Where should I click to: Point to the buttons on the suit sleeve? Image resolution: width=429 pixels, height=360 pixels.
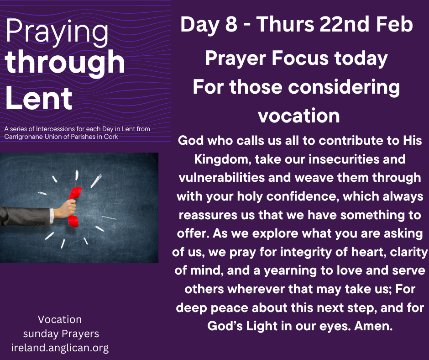pos(40,224)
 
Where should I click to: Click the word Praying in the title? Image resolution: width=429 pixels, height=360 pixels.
pos(57,32)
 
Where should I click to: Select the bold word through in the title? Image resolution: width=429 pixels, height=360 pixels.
pos(65,63)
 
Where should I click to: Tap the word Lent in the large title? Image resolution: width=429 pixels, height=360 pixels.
pos(39,98)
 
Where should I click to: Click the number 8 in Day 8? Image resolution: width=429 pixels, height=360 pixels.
pos(231,24)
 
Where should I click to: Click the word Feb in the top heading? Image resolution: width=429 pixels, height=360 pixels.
pos(394,24)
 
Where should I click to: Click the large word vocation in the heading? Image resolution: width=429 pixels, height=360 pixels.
pos(299,116)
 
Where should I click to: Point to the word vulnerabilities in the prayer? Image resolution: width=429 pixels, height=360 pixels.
pos(222,178)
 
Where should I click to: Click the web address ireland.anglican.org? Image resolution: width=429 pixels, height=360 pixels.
pos(60,348)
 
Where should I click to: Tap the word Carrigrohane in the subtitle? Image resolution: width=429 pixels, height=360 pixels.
pos(23,137)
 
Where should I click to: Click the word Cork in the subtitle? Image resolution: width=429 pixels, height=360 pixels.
pos(111,137)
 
